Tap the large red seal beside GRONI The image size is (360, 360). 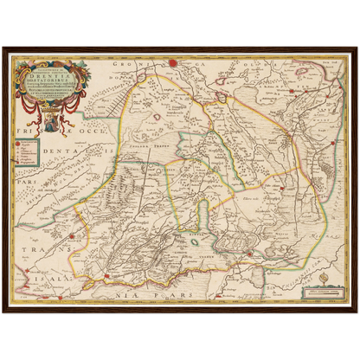pyautogui.click(x=172, y=62)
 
